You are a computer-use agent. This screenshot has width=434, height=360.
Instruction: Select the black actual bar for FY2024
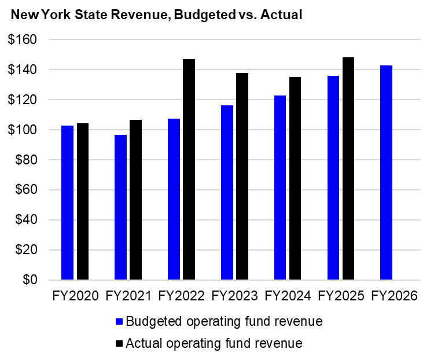tap(296, 179)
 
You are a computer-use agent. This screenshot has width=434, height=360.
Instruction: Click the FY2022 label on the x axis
tap(181, 296)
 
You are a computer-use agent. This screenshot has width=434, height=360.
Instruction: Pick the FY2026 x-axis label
tap(394, 296)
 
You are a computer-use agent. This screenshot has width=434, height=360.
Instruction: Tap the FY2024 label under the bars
tap(288, 296)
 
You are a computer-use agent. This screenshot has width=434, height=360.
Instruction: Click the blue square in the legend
tap(119, 321)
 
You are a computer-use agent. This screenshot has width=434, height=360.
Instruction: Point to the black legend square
tap(119, 343)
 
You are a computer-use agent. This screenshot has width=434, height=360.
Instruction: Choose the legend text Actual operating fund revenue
tap(214, 343)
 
